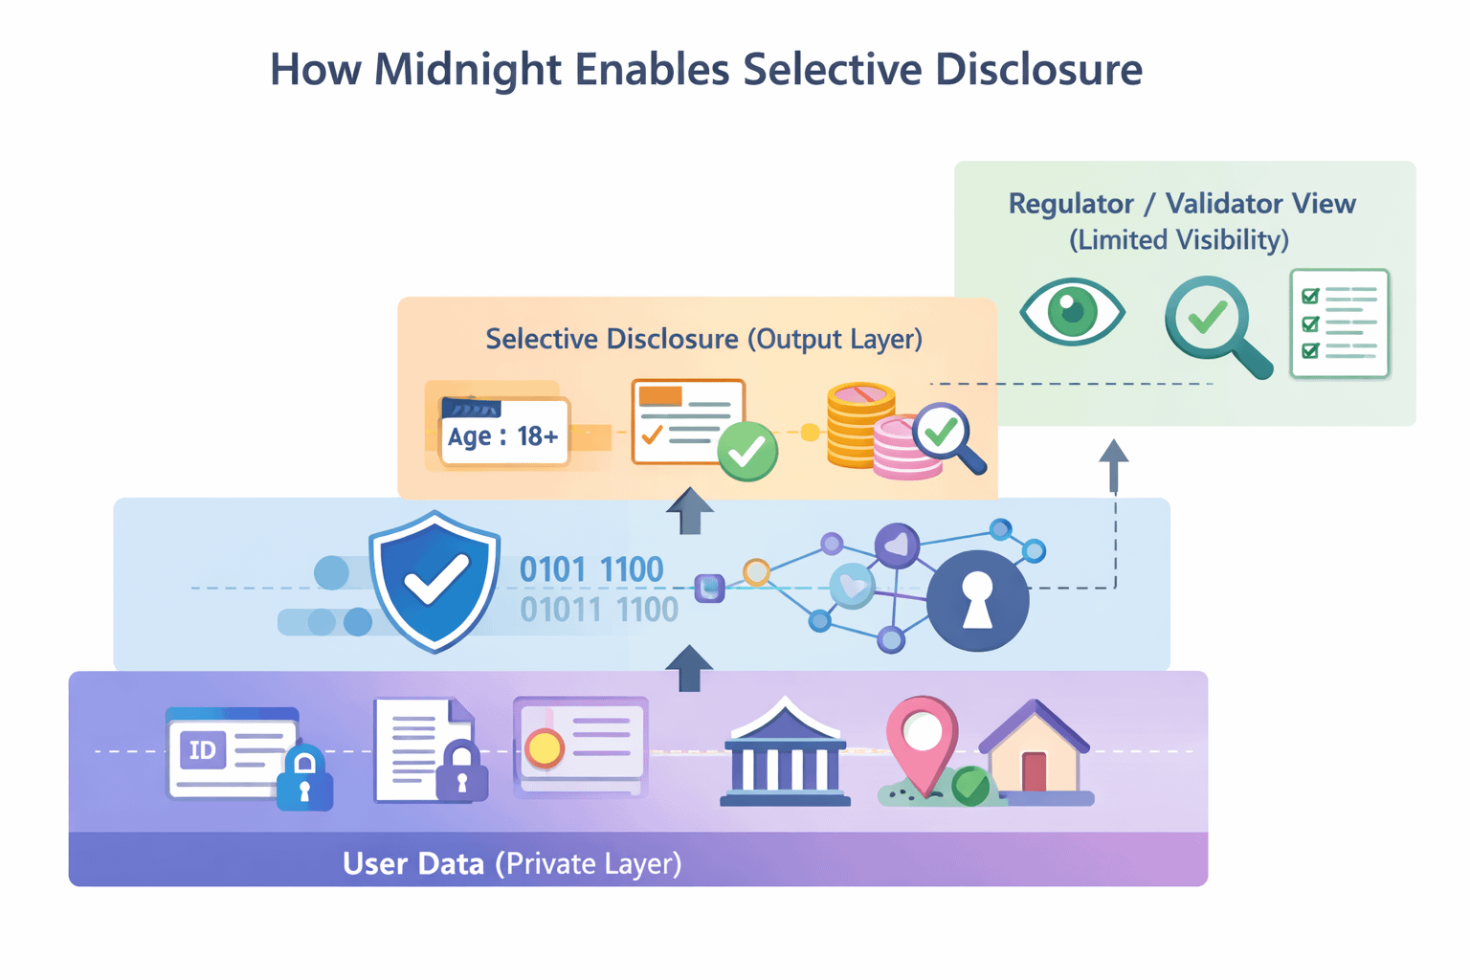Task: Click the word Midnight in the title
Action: (467, 70)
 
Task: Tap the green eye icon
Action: (1072, 310)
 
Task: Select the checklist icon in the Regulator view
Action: (1339, 323)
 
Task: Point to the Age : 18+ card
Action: (503, 435)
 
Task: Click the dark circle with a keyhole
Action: (977, 601)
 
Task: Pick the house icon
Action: (1035, 751)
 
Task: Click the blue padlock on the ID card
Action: (304, 779)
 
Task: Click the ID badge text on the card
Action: (203, 749)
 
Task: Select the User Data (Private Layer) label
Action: (512, 863)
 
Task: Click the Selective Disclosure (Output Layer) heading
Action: (703, 339)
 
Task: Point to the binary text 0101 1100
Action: (590, 569)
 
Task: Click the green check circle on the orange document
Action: (746, 451)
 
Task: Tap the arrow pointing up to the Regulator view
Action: (1113, 464)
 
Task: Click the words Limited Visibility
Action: (1179, 239)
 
